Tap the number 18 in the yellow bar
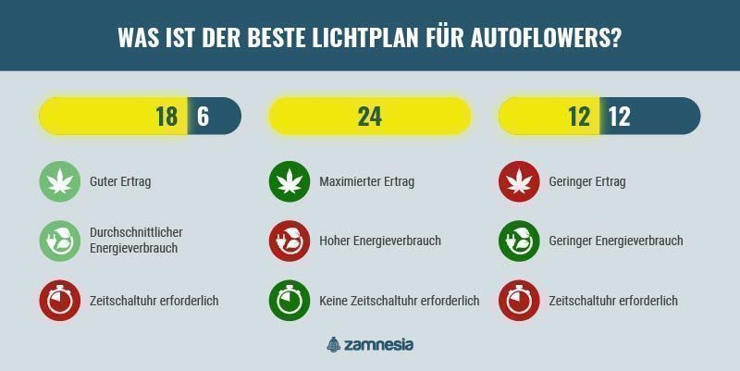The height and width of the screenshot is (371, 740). [x=166, y=117]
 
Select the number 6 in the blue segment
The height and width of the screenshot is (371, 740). [x=203, y=117]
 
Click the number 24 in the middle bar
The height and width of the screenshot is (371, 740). [x=369, y=117]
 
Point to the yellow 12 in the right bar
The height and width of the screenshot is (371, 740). [x=579, y=117]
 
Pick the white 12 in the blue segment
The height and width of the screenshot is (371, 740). [x=619, y=117]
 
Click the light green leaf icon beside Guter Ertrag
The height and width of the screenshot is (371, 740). [x=59, y=181]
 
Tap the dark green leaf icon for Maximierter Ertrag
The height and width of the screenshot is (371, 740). [x=290, y=181]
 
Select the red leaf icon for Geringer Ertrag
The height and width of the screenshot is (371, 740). [x=519, y=181]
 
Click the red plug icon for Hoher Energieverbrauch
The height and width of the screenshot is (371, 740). [x=290, y=241]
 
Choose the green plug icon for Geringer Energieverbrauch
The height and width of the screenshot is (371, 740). [x=519, y=241]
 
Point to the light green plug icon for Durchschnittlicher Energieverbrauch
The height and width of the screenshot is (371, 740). [x=59, y=241]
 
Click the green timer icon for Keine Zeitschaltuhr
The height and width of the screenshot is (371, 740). [x=290, y=301]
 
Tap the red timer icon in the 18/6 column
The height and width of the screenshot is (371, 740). [x=59, y=301]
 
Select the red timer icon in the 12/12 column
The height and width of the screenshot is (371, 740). [x=519, y=301]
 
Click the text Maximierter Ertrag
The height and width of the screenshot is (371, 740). [x=366, y=181]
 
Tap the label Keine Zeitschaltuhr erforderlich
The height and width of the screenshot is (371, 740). [x=399, y=301]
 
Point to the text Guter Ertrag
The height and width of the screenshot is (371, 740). [x=120, y=181]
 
